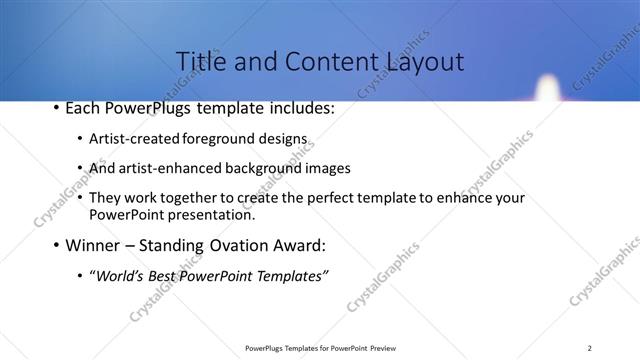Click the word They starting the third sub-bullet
pos(107,198)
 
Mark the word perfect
pos(320,198)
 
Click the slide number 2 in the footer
pos(589,347)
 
